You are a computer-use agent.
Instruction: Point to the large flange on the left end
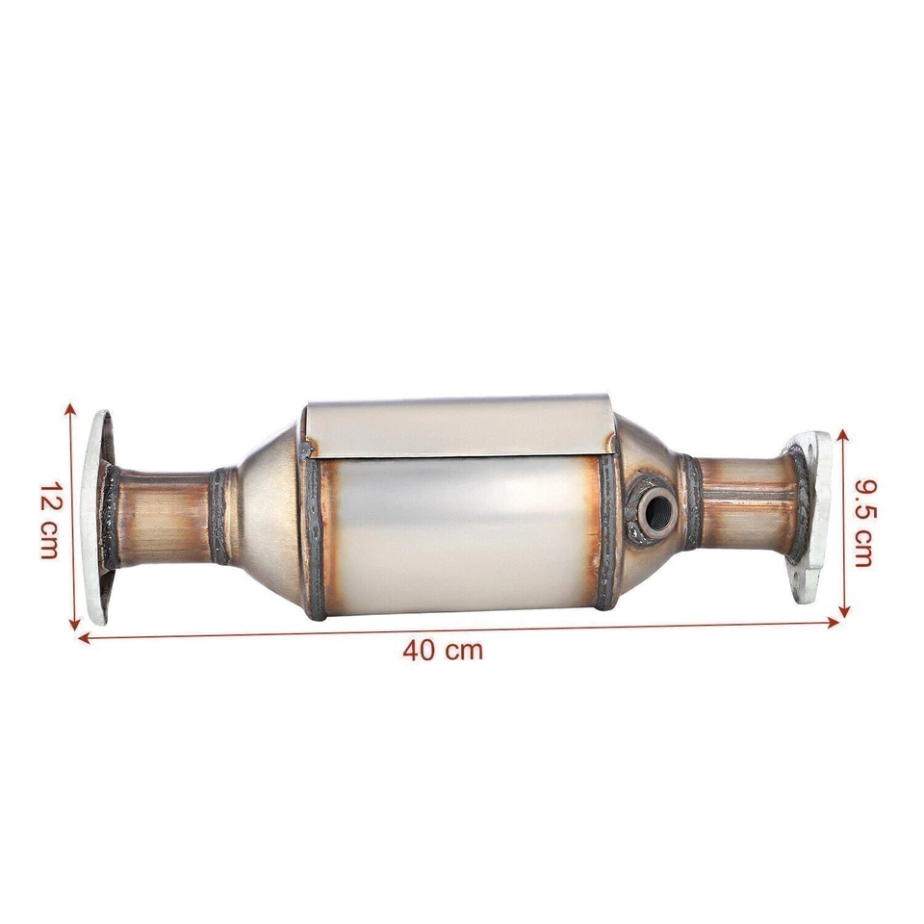tap(96, 518)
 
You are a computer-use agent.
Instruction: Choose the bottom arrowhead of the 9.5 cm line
tap(844, 611)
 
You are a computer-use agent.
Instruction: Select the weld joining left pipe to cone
tap(220, 516)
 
